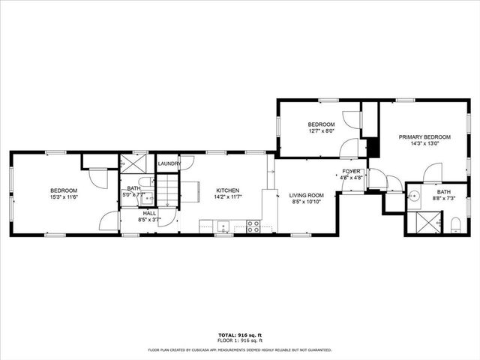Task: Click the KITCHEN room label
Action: click(228, 190)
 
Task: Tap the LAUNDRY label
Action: click(169, 163)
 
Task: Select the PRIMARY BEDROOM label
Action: click(424, 136)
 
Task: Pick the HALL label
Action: click(150, 213)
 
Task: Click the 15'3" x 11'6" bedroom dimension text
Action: click(64, 197)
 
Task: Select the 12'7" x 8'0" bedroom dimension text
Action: click(321, 130)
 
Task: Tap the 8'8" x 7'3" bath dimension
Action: click(445, 198)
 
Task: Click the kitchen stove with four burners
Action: click(253, 223)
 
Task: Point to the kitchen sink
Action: click(223, 224)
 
